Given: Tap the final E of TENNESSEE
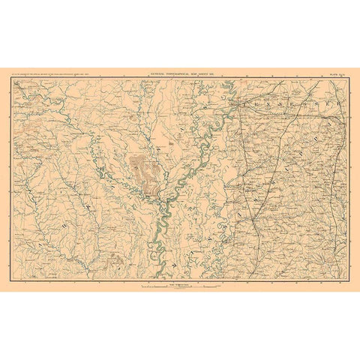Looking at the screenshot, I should pos(335,97).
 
